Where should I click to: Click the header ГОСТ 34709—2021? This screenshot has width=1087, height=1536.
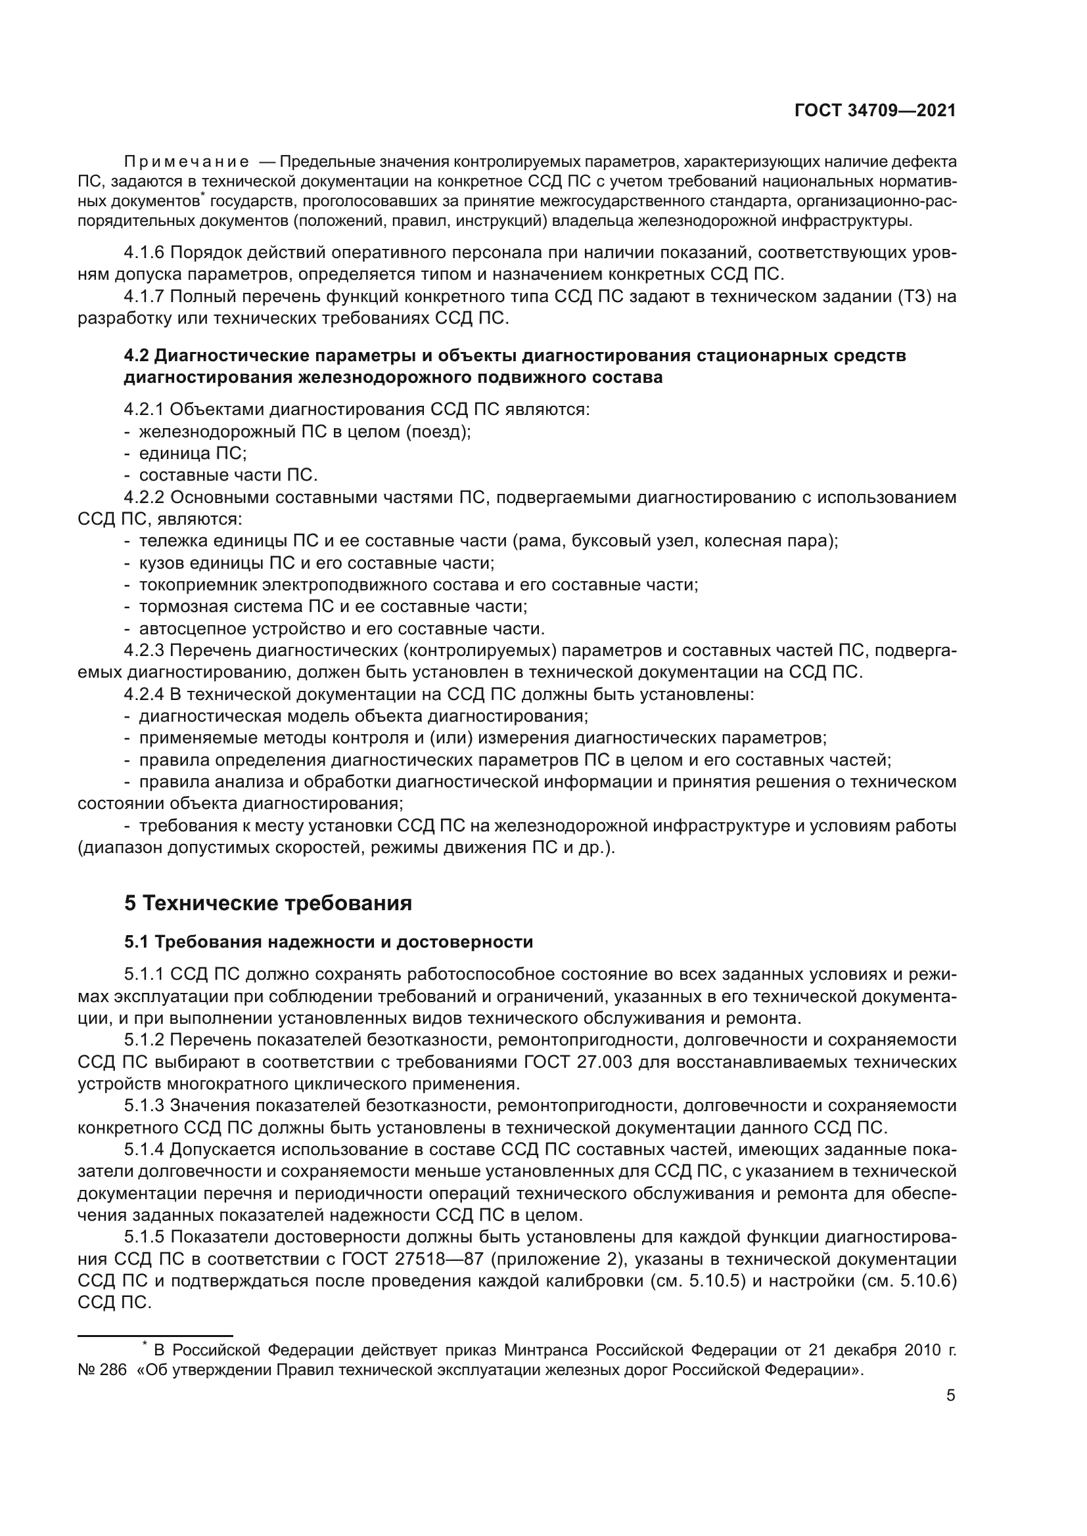875,111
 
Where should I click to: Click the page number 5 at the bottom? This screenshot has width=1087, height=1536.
950,1396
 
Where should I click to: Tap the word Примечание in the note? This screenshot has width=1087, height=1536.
187,162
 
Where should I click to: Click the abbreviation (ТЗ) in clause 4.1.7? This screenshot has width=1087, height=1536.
914,297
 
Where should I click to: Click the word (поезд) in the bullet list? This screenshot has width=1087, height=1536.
438,431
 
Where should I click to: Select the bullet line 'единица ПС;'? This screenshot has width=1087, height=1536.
192,454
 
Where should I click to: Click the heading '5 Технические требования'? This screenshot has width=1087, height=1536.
267,903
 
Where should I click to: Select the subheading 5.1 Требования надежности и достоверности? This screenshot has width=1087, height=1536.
328,942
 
